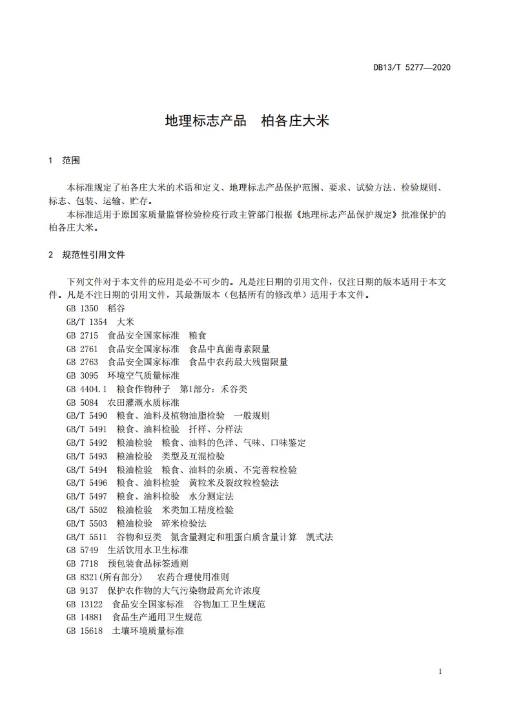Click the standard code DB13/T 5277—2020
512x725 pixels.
412,67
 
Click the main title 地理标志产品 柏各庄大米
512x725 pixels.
247,120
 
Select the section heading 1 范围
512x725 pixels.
64,160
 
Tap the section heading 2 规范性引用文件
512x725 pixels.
87,255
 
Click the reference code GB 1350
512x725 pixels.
82,308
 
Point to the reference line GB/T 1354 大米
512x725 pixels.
100,322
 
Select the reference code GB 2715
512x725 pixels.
82,335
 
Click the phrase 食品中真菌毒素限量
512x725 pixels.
229,349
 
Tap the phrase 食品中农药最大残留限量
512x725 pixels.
238,362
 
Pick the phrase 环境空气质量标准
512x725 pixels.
143,375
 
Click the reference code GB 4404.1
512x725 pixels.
87,389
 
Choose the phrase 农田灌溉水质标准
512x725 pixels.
143,403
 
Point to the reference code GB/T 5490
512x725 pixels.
87,415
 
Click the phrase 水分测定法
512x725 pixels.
211,496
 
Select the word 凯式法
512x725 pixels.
320,536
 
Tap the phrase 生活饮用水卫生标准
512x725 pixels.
148,550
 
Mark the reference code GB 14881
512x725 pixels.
85,617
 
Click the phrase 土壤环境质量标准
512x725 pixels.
148,631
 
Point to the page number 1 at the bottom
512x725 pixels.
440,672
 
